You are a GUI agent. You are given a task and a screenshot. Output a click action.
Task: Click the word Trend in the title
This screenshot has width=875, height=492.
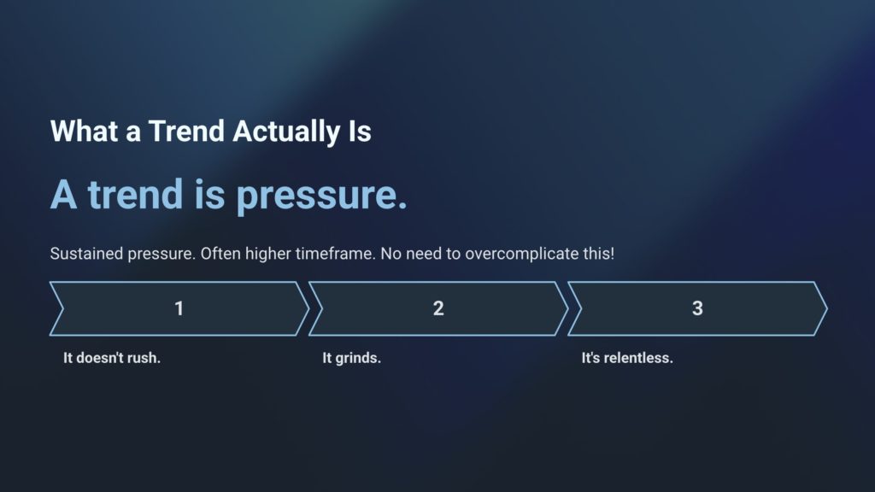point(186,132)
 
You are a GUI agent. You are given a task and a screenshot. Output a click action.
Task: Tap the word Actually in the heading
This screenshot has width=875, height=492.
point(286,132)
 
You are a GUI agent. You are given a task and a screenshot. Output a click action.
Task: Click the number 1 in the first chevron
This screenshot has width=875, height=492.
point(179,308)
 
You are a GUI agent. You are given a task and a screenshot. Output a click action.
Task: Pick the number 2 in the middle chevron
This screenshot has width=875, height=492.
point(438,308)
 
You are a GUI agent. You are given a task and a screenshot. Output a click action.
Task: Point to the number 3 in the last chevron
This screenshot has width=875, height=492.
point(697,308)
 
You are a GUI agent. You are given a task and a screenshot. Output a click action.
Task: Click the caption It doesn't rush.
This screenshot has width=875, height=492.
point(112,358)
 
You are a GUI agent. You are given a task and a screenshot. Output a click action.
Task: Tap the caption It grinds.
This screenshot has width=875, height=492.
point(351,358)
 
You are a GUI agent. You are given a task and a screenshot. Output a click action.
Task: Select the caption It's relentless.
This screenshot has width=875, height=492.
point(627,358)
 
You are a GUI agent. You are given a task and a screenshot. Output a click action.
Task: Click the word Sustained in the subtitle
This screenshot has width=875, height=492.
point(86,254)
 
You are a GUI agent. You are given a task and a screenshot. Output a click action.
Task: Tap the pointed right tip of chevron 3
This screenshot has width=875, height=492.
point(827,308)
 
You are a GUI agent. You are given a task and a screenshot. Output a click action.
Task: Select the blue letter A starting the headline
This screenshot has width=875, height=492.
point(63,195)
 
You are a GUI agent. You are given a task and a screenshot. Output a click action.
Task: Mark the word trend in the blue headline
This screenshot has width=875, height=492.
point(136,194)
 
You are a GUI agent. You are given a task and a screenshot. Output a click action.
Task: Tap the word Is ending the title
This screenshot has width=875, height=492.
point(360,132)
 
